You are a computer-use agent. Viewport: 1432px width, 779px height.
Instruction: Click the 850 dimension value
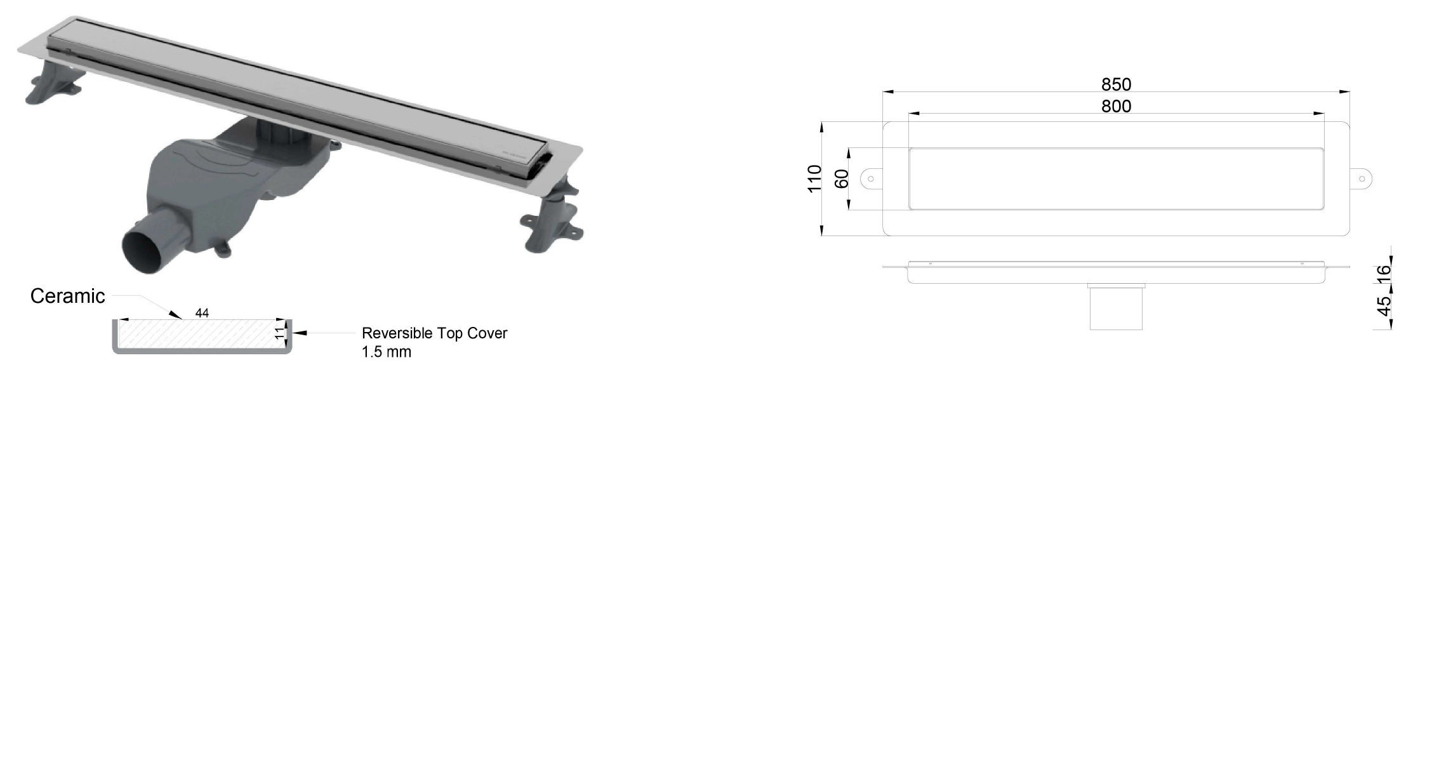(x=1116, y=84)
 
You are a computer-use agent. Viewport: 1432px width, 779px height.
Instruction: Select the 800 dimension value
(x=1116, y=106)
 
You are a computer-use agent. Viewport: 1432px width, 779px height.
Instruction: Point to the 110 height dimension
(x=814, y=178)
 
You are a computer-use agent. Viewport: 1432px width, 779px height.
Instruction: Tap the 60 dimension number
(x=841, y=179)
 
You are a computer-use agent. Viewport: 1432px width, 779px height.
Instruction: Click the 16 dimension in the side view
(x=1384, y=274)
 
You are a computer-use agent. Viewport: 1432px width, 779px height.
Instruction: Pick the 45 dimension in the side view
(x=1384, y=305)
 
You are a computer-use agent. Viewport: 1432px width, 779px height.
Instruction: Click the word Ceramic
(x=68, y=296)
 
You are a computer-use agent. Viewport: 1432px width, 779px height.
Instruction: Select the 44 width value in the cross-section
(x=202, y=313)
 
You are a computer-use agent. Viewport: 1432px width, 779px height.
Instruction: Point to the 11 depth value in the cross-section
(x=280, y=333)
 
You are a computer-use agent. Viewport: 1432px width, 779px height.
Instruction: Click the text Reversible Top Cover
(x=435, y=333)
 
